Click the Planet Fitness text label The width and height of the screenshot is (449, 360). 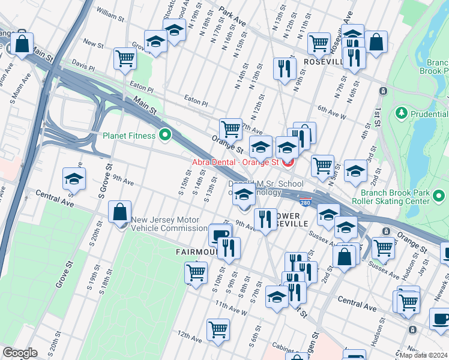click(x=130, y=136)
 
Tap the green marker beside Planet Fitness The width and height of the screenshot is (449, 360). click(x=164, y=135)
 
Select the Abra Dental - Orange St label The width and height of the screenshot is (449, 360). click(x=236, y=161)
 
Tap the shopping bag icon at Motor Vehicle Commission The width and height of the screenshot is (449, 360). click(x=120, y=212)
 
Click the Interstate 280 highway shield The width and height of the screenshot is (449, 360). click(x=306, y=202)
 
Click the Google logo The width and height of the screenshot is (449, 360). click(x=20, y=353)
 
